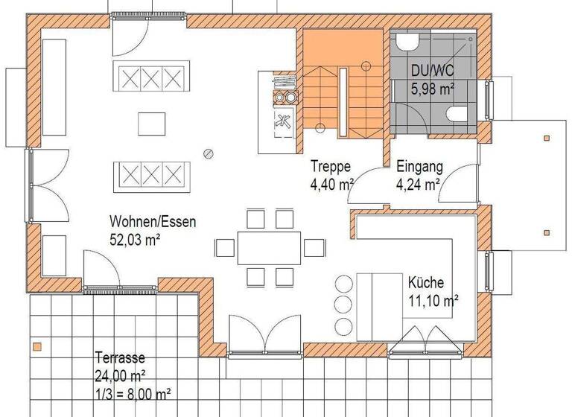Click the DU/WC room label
coord(432,71)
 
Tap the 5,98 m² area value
coord(433,89)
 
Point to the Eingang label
coord(420,167)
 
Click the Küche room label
coord(425,283)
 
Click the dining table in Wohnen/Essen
coord(269,247)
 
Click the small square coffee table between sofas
coord(152,123)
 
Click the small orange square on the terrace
coord(36,346)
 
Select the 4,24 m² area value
coord(418,184)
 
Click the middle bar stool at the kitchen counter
coord(344,305)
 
